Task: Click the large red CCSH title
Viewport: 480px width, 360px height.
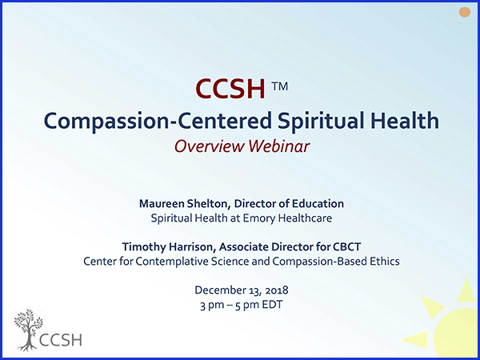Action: [x=230, y=89]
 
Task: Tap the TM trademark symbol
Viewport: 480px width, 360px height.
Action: [x=279, y=86]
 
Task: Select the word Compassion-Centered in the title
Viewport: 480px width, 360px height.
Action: [x=158, y=121]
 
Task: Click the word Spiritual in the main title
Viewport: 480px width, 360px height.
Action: [x=321, y=122]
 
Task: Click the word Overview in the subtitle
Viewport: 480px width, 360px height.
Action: [x=209, y=146]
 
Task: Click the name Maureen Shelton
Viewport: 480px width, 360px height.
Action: [x=185, y=203]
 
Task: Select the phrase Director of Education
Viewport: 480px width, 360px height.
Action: [x=289, y=203]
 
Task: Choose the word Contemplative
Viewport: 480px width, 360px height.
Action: [x=170, y=262]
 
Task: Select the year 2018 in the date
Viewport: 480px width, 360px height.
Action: [x=277, y=290]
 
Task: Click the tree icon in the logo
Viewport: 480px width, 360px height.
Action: [x=29, y=330]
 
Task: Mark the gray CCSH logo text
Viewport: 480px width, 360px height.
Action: [x=62, y=340]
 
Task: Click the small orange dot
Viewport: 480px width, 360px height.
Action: [x=464, y=12]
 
